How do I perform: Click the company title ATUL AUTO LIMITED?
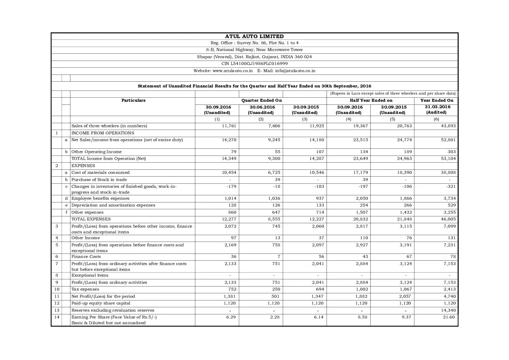[254, 36]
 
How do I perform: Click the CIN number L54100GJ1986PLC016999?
[254, 64]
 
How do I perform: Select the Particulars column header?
[133, 100]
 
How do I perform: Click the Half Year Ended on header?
[371, 100]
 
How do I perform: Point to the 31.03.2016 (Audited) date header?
[436, 110]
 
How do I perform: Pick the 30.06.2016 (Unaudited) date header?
[261, 110]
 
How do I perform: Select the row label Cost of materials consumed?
[100, 173]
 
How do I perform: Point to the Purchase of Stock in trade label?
[99, 180]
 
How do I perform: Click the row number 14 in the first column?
[56, 317]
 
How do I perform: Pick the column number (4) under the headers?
[348, 119]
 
